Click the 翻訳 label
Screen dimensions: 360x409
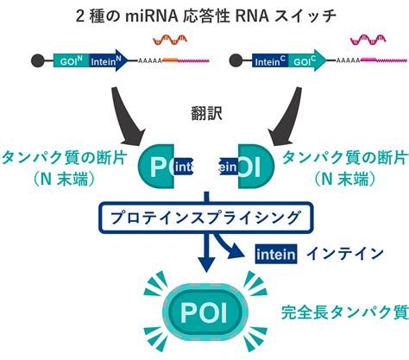point(204,113)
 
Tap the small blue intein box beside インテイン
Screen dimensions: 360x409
point(277,254)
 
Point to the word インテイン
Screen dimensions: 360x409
point(345,254)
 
